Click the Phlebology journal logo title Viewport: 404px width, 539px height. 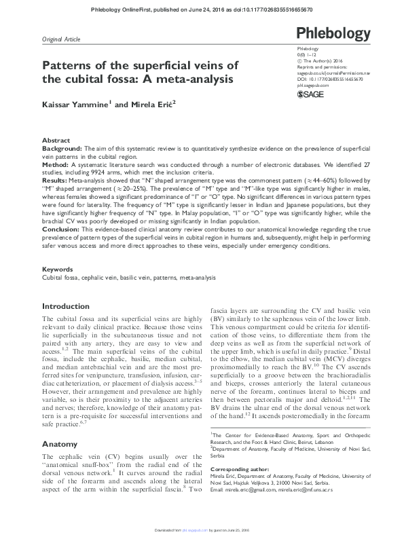pos(330,34)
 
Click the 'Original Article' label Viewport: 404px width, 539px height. pos(61,40)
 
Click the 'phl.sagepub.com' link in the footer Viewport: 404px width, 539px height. pos(197,531)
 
